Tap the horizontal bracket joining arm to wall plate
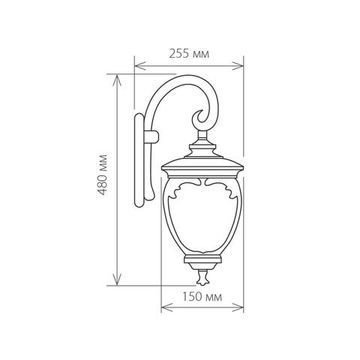pos(150,133)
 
